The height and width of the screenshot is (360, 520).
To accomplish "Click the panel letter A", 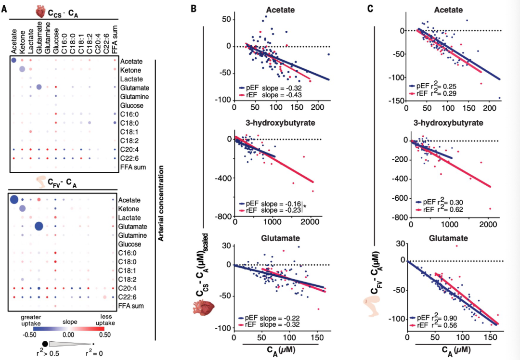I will pyautogui.click(x=4, y=9).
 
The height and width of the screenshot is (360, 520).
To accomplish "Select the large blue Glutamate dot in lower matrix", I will pyautogui.click(x=39, y=226).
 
